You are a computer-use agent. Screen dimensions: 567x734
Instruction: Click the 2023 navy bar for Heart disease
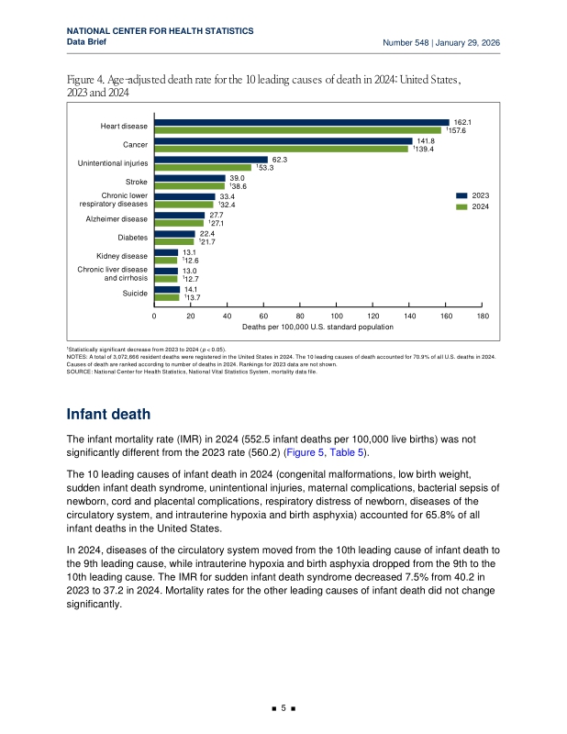click(x=302, y=123)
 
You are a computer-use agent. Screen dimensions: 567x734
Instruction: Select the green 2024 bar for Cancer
click(x=282, y=150)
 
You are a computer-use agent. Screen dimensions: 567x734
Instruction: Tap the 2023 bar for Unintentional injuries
click(x=211, y=160)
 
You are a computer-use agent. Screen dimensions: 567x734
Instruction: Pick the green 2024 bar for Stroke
click(x=190, y=186)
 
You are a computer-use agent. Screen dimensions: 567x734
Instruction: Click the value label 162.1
click(x=462, y=122)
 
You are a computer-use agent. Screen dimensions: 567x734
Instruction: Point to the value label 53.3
click(x=265, y=168)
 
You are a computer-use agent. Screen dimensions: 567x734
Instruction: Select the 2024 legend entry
click(x=472, y=207)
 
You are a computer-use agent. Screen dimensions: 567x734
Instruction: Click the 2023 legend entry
click(x=472, y=195)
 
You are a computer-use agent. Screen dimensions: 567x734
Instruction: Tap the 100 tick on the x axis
click(x=337, y=316)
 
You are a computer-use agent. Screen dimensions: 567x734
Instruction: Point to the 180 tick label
click(x=483, y=316)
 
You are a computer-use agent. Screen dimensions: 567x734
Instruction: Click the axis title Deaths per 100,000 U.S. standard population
click(x=317, y=327)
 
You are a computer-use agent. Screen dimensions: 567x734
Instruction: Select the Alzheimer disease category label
click(x=117, y=219)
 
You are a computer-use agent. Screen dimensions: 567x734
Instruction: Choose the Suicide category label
click(x=135, y=293)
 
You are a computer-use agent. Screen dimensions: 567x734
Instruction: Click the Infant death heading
click(x=108, y=415)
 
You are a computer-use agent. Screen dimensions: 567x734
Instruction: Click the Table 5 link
click(x=347, y=452)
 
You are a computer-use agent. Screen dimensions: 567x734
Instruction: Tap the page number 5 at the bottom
click(x=283, y=708)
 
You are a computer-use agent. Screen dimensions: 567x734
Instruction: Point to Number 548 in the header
click(x=406, y=42)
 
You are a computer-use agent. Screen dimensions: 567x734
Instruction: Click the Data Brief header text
click(x=86, y=41)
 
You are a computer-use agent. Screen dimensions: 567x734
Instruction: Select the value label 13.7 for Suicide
click(x=193, y=297)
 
